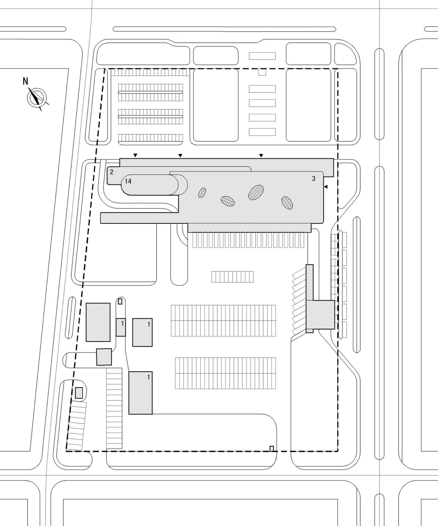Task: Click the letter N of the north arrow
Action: [25, 81]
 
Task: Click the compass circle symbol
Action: [37, 98]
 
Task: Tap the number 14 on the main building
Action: [128, 181]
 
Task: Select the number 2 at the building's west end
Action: [112, 172]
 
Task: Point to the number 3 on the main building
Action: [313, 179]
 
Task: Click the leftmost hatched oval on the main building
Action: [202, 193]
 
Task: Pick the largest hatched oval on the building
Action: [256, 193]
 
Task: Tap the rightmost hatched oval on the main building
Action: [287, 203]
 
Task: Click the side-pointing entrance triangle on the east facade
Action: [326, 187]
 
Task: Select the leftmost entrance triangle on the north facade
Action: [135, 155]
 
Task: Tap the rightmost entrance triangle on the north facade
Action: [261, 155]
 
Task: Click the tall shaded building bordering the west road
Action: [98, 322]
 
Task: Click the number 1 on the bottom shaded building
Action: [149, 377]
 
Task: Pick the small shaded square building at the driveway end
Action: [104, 357]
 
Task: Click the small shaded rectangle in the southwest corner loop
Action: [79, 393]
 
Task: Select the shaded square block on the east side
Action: [320, 315]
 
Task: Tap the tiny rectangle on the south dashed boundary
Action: [272, 448]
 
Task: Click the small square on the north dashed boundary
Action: [262, 72]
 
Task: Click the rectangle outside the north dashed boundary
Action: [262, 56]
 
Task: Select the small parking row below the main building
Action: [232, 277]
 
